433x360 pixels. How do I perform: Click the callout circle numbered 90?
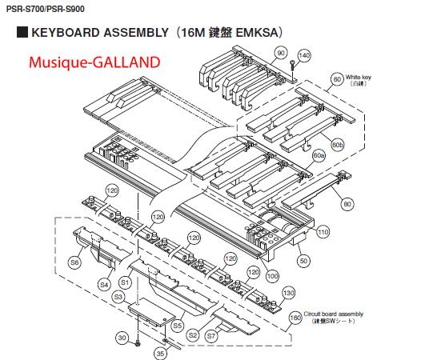[281, 53]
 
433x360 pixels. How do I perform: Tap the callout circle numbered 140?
[304, 55]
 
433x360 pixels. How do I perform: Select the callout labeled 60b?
[338, 145]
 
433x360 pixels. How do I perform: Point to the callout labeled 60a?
[319, 156]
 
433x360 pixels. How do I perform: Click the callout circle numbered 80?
[347, 204]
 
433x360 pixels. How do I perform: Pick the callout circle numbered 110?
[323, 232]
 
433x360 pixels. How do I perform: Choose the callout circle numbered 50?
[303, 261]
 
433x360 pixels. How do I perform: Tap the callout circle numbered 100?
[272, 276]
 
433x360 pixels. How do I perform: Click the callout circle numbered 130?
[289, 293]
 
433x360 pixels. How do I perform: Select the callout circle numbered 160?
[295, 318]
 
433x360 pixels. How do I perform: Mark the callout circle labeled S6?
[74, 262]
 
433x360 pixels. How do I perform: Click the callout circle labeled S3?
[118, 297]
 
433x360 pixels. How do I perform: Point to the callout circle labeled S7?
[211, 336]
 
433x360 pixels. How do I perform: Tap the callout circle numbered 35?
[160, 354]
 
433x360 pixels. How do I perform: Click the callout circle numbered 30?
[122, 338]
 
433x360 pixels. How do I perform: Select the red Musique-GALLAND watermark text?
[94, 62]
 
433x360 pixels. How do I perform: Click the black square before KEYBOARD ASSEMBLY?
[22, 32]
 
